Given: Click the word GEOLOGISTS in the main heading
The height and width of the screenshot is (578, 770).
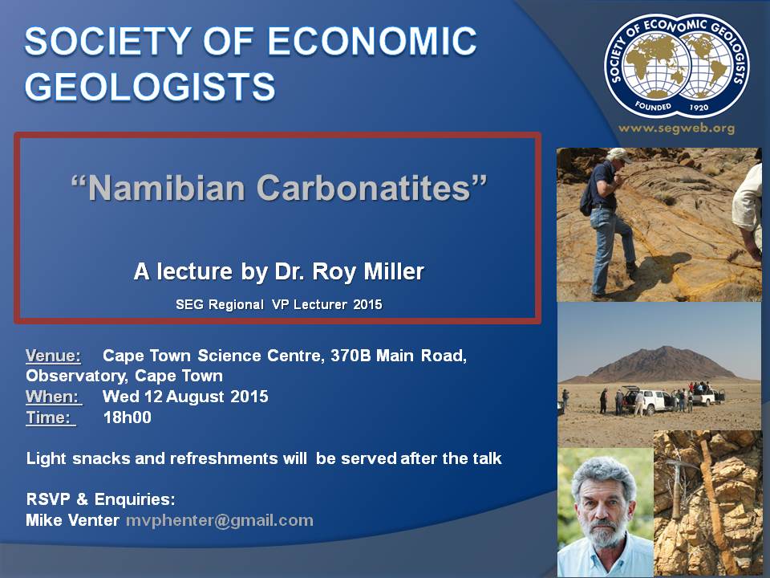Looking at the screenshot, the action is (150, 87).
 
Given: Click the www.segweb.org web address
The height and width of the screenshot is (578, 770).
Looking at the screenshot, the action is (677, 128).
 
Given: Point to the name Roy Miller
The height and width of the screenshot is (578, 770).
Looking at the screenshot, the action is (368, 271).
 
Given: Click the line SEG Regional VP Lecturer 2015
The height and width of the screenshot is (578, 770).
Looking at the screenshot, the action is (279, 304).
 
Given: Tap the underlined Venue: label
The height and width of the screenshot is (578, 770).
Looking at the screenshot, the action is (53, 356).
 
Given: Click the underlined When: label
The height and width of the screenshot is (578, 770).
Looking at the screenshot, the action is (53, 397).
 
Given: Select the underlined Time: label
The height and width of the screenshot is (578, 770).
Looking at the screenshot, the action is (50, 417).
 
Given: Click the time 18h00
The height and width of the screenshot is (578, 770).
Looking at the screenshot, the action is (128, 417).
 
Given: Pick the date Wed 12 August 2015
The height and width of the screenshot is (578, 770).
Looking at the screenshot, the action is (185, 397).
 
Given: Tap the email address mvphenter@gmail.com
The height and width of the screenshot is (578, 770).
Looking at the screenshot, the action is (220, 520).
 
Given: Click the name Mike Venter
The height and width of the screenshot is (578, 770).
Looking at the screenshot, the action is (72, 520).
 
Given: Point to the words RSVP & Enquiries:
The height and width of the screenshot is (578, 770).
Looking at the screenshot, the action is (101, 499).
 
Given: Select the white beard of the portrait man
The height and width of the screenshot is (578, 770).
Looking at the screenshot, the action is (602, 535).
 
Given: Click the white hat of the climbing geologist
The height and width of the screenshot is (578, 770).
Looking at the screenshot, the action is (618, 154).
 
